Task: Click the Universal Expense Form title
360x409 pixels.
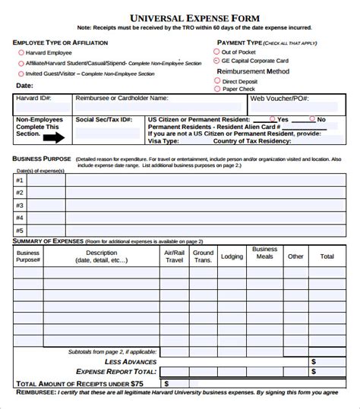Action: click(x=179, y=16)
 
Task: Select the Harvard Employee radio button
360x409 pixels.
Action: click(x=20, y=52)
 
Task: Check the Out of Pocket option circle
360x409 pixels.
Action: click(x=216, y=51)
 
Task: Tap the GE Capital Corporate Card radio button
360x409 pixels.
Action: click(x=216, y=60)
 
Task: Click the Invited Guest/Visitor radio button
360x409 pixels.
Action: click(x=20, y=74)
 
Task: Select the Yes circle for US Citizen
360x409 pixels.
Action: click(x=273, y=119)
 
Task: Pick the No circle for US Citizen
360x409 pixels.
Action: click(x=311, y=119)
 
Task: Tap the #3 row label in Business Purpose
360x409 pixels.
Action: click(x=21, y=205)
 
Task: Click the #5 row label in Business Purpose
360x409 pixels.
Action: click(x=21, y=229)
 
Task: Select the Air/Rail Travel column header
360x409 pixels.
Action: click(x=174, y=256)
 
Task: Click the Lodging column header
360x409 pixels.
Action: click(x=232, y=256)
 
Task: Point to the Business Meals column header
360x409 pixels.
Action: click(x=264, y=253)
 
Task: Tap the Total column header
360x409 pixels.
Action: click(x=327, y=256)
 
